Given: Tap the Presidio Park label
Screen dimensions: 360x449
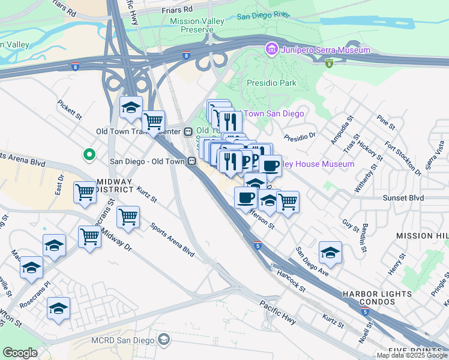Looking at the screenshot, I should click(x=271, y=83).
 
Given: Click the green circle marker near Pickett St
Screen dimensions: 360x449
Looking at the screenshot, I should click(x=89, y=155).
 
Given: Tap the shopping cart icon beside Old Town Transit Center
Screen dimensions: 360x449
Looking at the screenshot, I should click(x=154, y=121).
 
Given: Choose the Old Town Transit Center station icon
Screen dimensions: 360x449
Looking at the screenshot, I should click(x=188, y=131).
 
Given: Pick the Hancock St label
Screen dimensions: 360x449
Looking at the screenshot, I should click(x=292, y=281).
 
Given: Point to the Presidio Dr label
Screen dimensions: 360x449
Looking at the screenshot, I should click(x=300, y=136).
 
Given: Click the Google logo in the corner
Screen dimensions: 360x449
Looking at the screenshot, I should click(x=20, y=353).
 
